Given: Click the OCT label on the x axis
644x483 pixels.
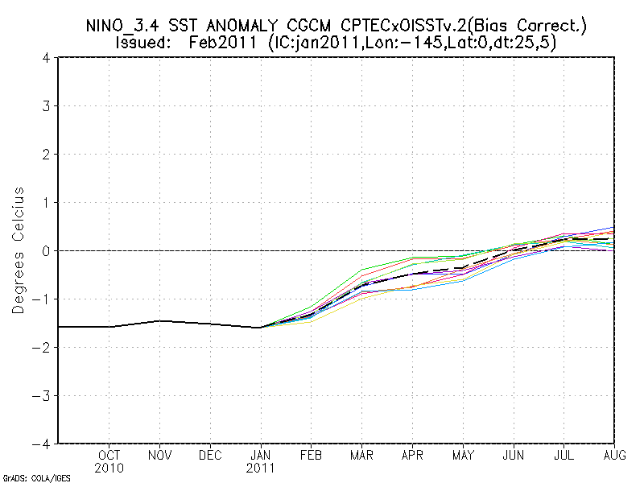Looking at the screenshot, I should pos(109,455).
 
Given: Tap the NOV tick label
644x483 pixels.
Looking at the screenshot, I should pos(160,455).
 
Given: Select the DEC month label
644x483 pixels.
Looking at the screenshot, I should pos(210,455).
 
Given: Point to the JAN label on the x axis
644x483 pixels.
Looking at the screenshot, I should pos(261,455).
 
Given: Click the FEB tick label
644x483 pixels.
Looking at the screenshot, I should pos(311,455).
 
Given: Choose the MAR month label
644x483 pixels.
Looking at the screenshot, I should pos(361,455).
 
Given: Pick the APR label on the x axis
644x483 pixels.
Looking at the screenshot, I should pos(411,455).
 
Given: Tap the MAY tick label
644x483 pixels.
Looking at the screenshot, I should pos(462,455).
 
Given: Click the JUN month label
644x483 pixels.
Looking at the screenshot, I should pos(513,455).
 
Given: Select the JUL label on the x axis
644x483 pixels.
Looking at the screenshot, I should pos(563,455).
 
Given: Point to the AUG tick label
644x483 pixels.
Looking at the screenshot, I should pos(613,455).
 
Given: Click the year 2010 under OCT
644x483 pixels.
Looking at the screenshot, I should pos(109,467).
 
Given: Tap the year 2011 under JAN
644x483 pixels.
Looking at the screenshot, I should pos(261,467).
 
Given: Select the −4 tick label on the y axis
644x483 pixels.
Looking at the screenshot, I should pos(44,444).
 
